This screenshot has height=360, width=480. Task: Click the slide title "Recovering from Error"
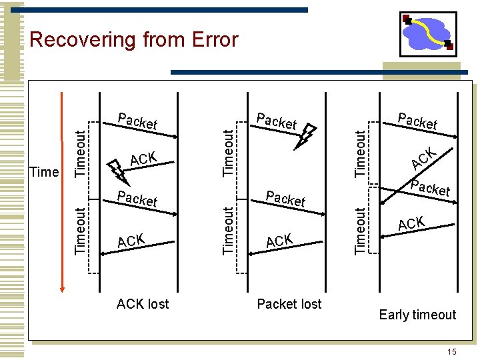pos(133,40)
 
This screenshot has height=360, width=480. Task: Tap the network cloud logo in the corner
pos(427,33)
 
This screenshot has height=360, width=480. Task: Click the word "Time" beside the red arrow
pos(45,172)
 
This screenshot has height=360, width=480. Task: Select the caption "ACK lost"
pos(143,304)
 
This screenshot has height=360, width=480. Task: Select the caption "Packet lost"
pos(289,304)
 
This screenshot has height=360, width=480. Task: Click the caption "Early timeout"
pos(417,315)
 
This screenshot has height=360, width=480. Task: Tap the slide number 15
pos(452,351)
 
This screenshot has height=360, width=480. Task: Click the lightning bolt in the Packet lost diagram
pos(306,137)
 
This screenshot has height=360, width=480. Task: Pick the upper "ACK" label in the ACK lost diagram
pos(143,159)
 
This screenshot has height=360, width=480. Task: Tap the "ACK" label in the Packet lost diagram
pos(279,241)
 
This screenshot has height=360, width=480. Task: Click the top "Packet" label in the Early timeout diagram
pos(417,121)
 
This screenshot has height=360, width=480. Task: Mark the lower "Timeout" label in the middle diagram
pos(229,230)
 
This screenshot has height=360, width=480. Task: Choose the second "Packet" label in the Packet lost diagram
pos(285,199)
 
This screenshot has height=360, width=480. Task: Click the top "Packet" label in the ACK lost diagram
pos(137,121)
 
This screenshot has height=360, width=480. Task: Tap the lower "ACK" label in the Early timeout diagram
pos(412,223)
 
